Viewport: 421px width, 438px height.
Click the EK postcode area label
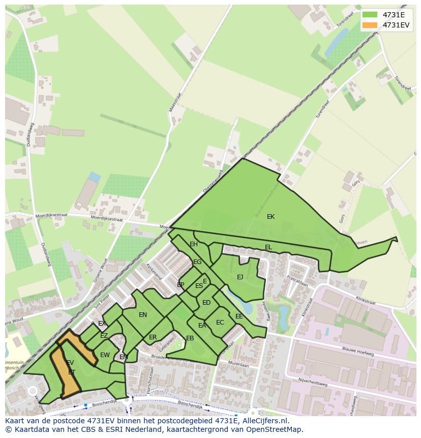(270, 217)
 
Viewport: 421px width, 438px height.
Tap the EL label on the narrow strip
(268, 247)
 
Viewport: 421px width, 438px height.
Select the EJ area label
(240, 277)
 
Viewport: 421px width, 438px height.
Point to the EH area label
(194, 244)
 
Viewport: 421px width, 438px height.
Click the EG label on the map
(197, 262)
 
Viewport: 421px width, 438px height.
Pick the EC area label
(220, 323)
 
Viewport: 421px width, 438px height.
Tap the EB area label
(190, 338)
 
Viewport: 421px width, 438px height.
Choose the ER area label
(153, 337)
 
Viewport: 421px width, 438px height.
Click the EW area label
(105, 355)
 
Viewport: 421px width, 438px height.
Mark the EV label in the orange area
(70, 363)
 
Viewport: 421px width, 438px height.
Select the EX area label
(102, 324)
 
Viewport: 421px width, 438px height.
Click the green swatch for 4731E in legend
(370, 15)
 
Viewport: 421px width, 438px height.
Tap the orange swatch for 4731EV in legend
(370, 25)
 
